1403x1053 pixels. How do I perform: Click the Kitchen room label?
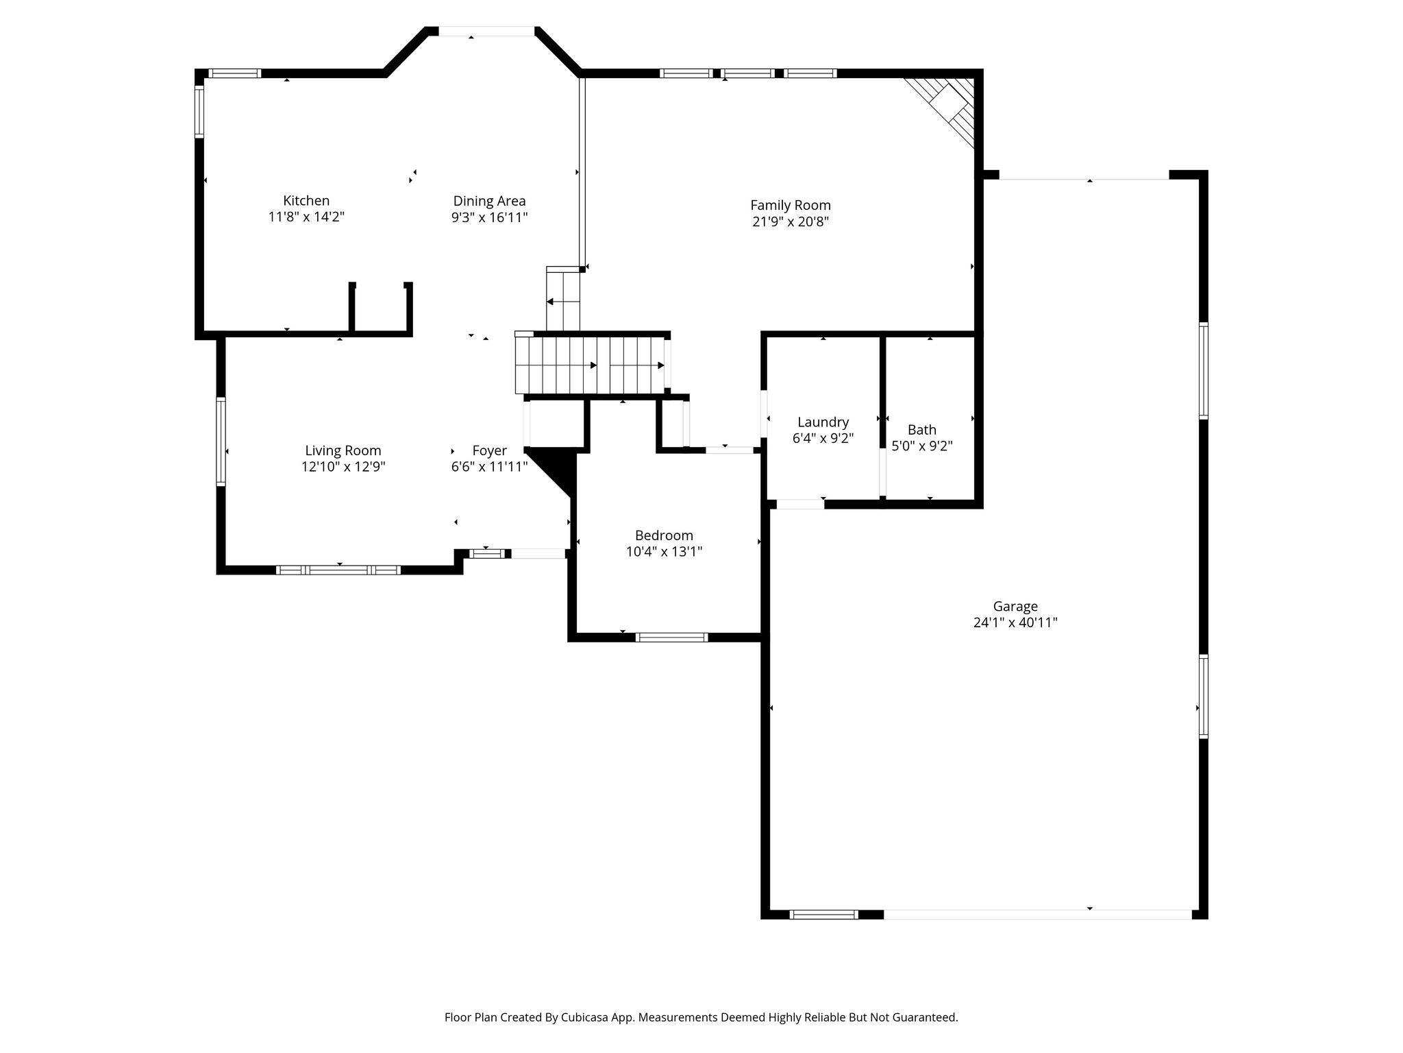(x=306, y=201)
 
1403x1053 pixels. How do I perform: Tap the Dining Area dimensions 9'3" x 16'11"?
(x=489, y=218)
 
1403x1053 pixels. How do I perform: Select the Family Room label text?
(x=791, y=205)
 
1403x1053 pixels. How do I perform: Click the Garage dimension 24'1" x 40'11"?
(x=1015, y=622)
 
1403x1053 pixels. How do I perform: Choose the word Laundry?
(x=823, y=422)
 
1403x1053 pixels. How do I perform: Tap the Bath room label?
(x=922, y=430)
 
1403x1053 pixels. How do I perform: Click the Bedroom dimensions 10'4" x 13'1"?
(x=664, y=551)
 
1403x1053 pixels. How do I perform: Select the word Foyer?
(x=489, y=451)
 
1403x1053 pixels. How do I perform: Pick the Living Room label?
(x=343, y=450)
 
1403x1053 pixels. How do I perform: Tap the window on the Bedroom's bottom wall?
(x=671, y=638)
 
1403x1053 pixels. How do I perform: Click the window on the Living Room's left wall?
(x=221, y=441)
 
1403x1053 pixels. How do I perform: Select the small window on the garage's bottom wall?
(x=823, y=914)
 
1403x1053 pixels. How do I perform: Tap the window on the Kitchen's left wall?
(x=199, y=111)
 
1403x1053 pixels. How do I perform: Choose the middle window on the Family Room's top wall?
(x=747, y=73)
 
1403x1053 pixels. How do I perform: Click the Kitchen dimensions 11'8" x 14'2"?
(x=306, y=217)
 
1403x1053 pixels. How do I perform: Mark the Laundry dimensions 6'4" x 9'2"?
(x=823, y=438)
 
